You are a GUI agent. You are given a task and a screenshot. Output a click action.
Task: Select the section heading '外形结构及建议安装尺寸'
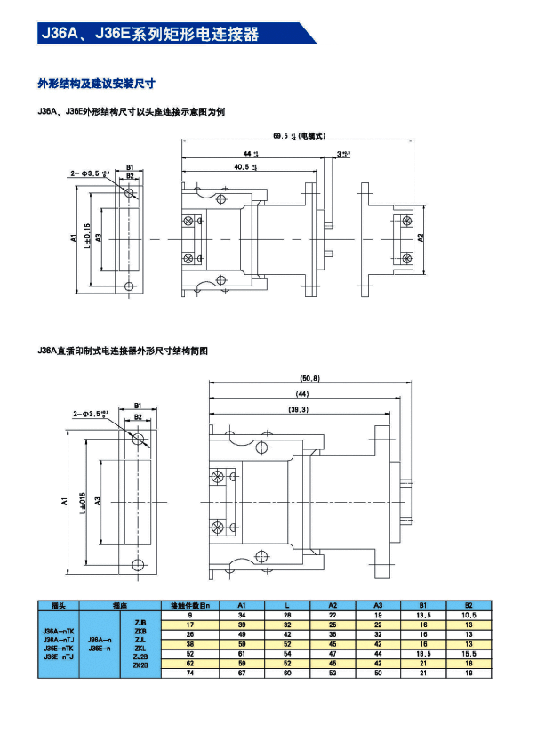pyautogui.click(x=96, y=84)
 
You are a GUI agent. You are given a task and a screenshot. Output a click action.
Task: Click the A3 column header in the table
pyautogui.click(x=377, y=605)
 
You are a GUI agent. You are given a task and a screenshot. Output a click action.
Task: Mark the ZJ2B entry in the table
pyautogui.click(x=140, y=656)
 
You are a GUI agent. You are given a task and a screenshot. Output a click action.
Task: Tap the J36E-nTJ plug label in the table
pyautogui.click(x=58, y=658)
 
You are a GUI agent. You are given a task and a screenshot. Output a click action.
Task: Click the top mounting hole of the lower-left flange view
pyautogui.click(x=138, y=440)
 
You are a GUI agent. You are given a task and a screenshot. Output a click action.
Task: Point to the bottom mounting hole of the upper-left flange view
pyautogui.click(x=131, y=287)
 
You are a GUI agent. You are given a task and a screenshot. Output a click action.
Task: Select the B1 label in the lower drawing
pyautogui.click(x=138, y=406)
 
